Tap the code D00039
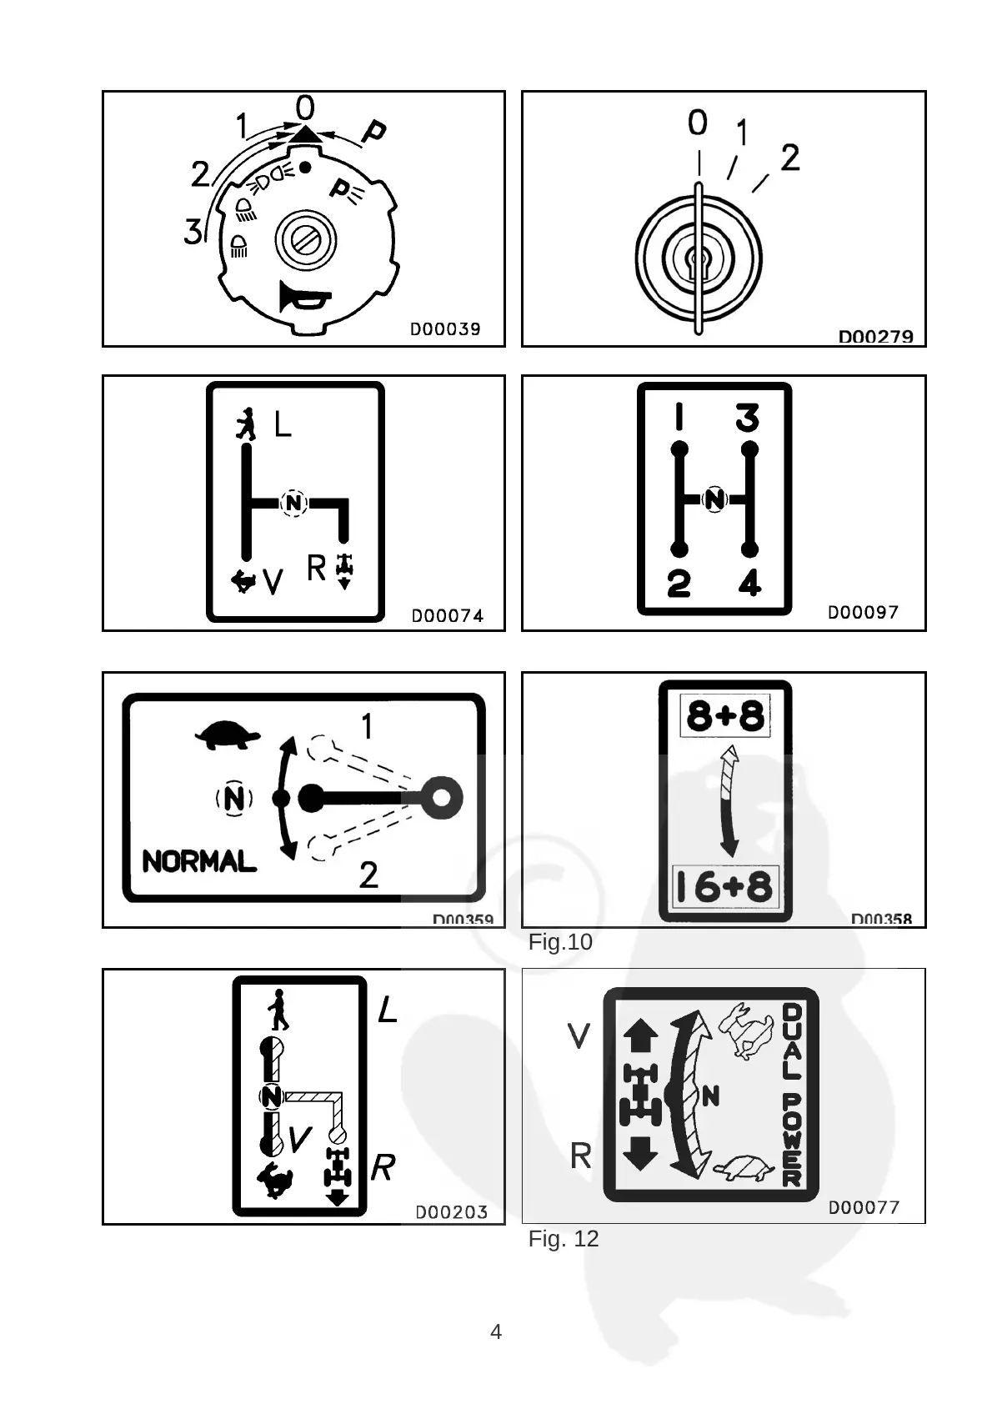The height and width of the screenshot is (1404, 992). click(x=445, y=328)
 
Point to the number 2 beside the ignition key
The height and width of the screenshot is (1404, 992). click(x=790, y=158)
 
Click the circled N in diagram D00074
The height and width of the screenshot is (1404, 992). click(x=293, y=503)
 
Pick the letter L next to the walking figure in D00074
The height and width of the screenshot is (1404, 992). click(x=283, y=425)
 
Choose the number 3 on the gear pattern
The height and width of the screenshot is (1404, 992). click(x=747, y=417)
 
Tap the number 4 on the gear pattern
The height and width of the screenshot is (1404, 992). click(x=749, y=582)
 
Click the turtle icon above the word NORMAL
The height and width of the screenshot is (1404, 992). click(x=227, y=735)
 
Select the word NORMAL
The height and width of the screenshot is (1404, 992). click(x=199, y=861)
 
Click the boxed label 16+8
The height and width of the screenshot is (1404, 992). click(x=724, y=887)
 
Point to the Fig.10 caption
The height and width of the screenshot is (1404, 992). click(x=560, y=942)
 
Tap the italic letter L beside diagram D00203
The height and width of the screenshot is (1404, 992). click(x=387, y=1010)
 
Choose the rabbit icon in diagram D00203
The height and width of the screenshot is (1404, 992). click(x=275, y=1179)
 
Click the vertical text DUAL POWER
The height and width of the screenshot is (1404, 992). click(x=791, y=1095)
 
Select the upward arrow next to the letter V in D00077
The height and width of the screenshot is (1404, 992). click(x=640, y=1036)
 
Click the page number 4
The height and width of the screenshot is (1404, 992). click(x=496, y=1331)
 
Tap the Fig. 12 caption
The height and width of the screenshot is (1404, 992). click(x=564, y=1239)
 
